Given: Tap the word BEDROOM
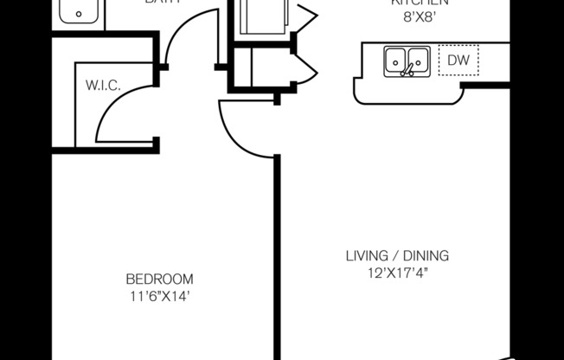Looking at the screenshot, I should [159, 280].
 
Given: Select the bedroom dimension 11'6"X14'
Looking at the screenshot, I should [159, 296].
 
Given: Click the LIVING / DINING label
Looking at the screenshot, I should [397, 256].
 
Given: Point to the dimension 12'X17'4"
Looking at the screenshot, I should [397, 273].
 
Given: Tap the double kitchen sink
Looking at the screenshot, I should [407, 61].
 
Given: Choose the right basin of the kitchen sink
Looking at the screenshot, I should [416, 60].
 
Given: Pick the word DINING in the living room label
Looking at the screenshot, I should [428, 256].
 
